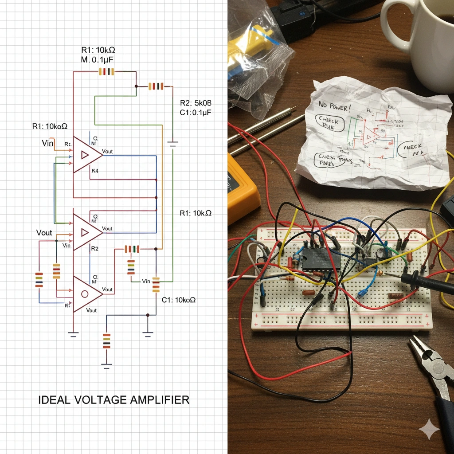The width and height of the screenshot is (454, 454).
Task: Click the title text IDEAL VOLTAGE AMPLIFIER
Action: pos(113,400)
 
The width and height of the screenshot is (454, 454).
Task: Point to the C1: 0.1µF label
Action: pos(195,113)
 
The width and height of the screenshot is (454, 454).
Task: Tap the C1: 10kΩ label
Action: pos(179,300)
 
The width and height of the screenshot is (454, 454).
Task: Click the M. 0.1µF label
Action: pos(98,60)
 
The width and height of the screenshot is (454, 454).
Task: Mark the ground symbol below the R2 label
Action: pos(172,143)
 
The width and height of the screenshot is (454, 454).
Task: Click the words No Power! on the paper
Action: pos(334,106)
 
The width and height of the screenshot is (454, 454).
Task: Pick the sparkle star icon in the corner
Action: pos(429,430)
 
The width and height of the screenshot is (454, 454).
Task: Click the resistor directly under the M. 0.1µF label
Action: pos(106,72)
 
